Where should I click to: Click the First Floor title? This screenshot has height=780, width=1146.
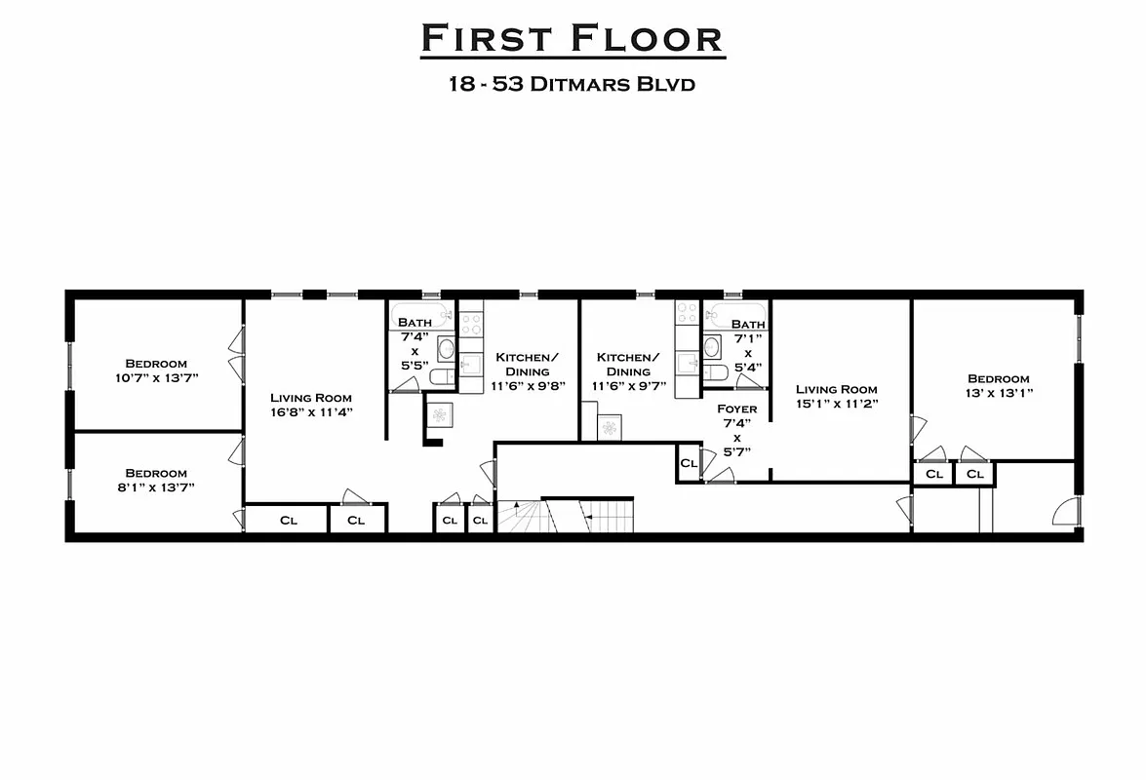pyautogui.click(x=573, y=39)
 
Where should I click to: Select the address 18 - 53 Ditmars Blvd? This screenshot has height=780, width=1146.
pyautogui.click(x=573, y=84)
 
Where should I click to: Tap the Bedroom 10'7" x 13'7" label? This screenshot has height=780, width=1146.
pyautogui.click(x=156, y=370)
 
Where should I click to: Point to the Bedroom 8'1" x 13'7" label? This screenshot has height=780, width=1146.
pyautogui.click(x=156, y=480)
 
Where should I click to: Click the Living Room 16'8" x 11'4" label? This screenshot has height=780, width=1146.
pyautogui.click(x=311, y=405)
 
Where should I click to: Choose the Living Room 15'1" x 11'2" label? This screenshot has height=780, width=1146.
pyautogui.click(x=836, y=396)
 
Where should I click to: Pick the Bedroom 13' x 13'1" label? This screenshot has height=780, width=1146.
pyautogui.click(x=999, y=385)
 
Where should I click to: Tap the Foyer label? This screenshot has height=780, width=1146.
pyautogui.click(x=736, y=409)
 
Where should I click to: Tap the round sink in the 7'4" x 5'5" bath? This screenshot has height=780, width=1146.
pyautogui.click(x=446, y=348)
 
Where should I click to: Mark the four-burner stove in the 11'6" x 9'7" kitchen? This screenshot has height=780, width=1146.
pyautogui.click(x=689, y=313)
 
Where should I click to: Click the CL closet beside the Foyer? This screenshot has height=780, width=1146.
pyautogui.click(x=689, y=463)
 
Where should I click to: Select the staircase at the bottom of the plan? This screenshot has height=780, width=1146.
pyautogui.click(x=566, y=515)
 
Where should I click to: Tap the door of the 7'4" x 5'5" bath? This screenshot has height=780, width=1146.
pyautogui.click(x=404, y=385)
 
